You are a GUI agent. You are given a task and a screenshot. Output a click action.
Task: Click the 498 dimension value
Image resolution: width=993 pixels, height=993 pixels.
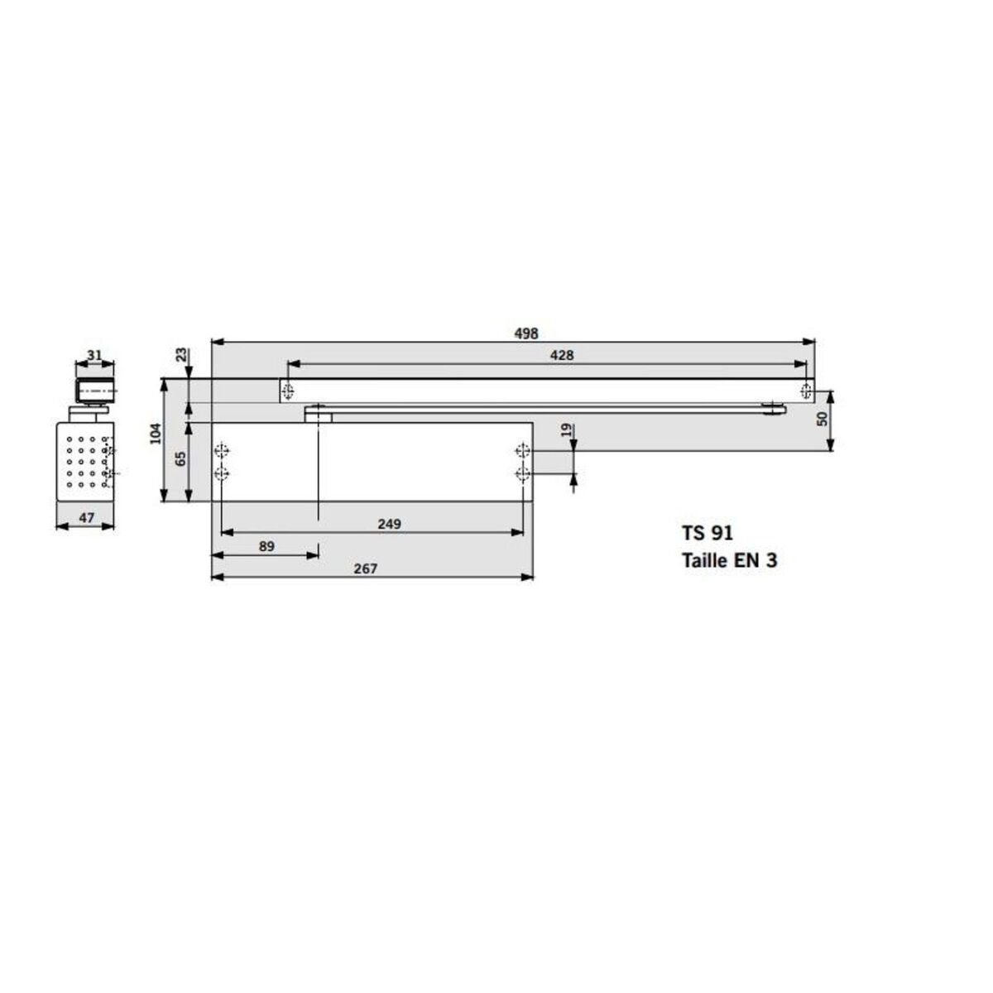point(525,333)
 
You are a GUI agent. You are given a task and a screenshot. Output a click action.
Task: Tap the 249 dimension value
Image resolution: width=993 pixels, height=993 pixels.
point(388,524)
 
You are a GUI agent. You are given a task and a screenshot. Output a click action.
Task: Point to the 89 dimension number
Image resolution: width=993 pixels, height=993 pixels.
point(266,546)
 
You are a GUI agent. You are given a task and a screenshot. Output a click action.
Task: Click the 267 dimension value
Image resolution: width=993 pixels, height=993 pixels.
point(365,568)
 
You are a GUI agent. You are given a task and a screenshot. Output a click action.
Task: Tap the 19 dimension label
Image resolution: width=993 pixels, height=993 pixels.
point(565,430)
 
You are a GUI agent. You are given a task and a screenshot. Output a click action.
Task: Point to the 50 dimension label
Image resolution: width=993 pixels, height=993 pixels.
point(822,419)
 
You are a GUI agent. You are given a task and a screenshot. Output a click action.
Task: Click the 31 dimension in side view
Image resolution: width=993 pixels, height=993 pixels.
point(94,355)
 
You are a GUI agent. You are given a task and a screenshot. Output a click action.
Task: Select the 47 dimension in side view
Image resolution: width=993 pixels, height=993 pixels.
point(84,518)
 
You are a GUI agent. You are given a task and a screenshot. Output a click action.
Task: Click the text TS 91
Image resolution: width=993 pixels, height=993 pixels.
point(708,534)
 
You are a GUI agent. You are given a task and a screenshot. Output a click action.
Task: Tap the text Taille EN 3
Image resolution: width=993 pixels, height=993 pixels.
point(729,560)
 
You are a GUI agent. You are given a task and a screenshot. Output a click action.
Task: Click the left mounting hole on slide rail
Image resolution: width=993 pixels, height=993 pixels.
point(287,391)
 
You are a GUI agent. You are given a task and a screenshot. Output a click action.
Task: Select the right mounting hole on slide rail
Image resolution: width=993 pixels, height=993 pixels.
point(806,391)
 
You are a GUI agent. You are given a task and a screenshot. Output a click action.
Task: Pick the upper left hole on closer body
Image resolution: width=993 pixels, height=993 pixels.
point(220,451)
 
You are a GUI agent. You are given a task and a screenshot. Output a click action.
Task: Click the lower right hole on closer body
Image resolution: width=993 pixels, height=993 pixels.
point(521,473)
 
